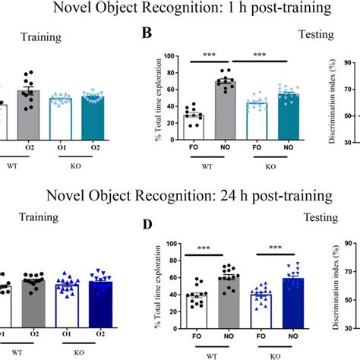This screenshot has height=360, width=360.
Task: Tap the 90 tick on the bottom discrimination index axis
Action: click(x=352, y=245)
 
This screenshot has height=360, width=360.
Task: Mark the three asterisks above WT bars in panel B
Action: click(x=208, y=55)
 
